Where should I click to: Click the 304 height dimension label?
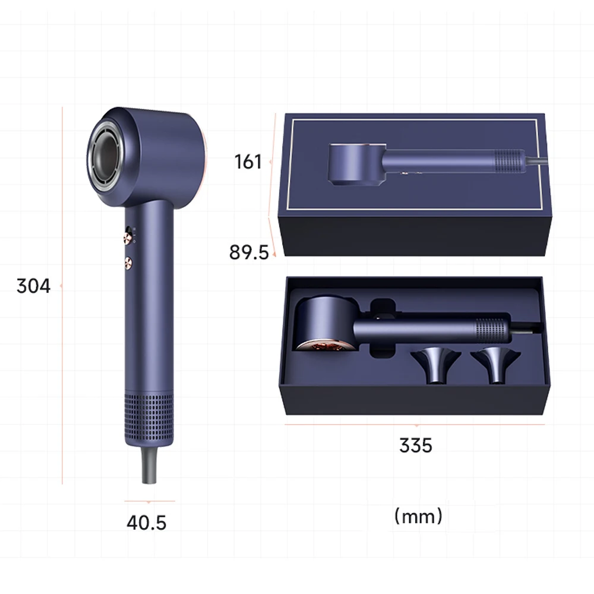pos(33,286)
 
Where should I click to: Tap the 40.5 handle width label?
pos(146,523)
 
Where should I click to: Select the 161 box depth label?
pos(248,162)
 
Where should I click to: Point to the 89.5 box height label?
pos(249,252)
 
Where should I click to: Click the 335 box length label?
pos(416,445)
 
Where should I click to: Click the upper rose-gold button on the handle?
pos(128,236)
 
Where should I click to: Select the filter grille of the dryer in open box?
pos(492,328)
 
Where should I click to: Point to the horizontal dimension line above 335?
pos(416,425)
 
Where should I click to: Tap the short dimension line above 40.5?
pos(149,501)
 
